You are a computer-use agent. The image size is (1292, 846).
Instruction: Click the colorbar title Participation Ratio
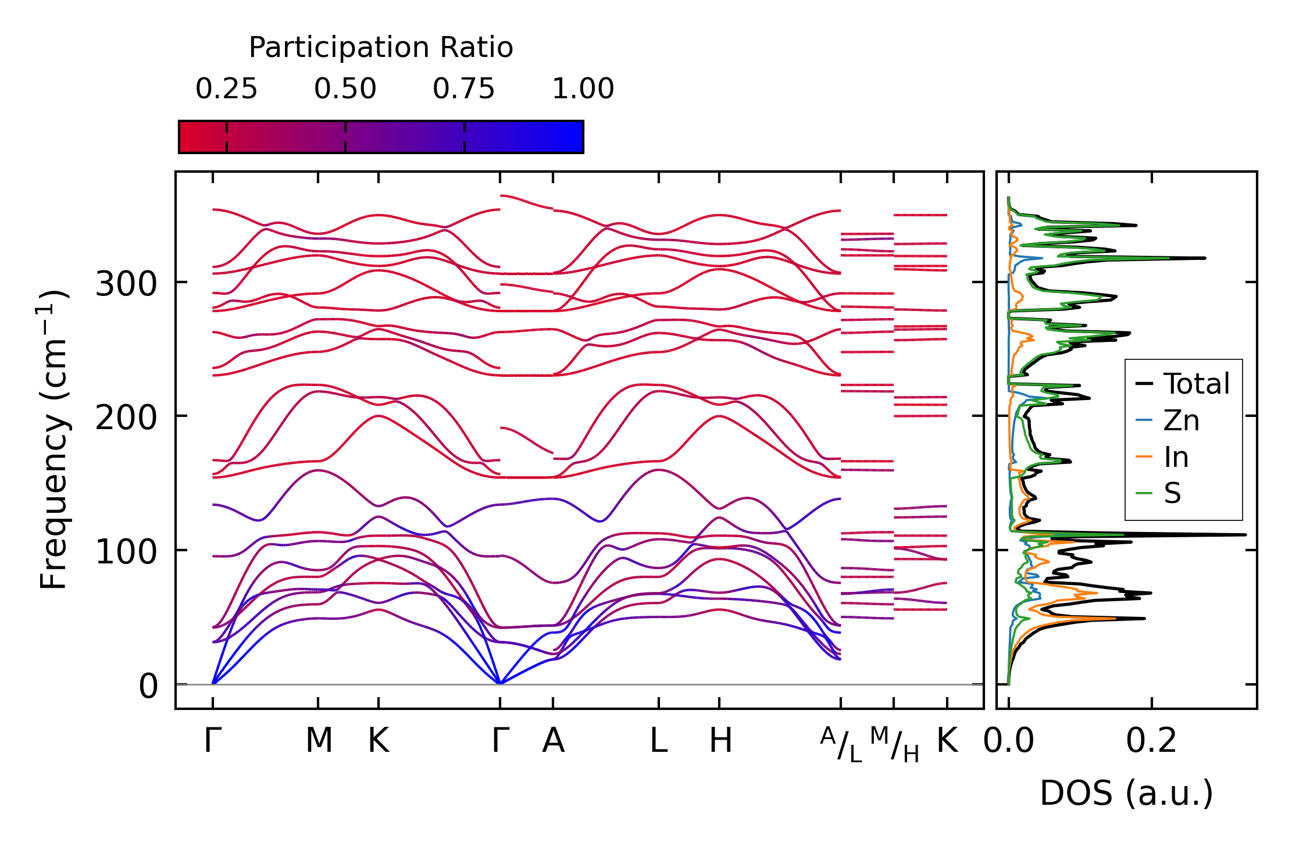coord(381,48)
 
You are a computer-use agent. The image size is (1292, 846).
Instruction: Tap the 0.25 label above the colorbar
coord(226,89)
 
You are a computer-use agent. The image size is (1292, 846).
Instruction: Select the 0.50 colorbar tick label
coord(345,89)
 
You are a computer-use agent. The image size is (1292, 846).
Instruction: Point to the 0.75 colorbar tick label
coord(464,89)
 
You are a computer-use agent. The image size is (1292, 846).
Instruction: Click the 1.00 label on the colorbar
coord(583,89)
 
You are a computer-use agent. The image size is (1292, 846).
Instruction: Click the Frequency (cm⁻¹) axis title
coord(54,440)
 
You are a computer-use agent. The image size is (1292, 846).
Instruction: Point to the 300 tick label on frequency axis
coord(126,285)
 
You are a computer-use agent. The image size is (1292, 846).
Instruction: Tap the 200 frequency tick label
coord(126,418)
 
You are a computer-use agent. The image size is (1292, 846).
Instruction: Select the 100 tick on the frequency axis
coord(126,552)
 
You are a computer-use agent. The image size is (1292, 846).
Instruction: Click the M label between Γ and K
coord(319,741)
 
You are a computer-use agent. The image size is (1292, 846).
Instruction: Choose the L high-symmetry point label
coord(658,741)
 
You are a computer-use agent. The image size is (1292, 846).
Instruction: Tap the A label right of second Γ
coord(553,741)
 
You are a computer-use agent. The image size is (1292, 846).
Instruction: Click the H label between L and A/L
coord(720,741)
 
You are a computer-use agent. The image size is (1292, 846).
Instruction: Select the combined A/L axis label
coord(841,744)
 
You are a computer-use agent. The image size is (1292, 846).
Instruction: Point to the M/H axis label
coord(894,744)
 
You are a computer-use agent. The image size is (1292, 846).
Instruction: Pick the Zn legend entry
coord(1181,420)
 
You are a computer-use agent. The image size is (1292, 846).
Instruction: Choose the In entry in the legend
coord(1176,457)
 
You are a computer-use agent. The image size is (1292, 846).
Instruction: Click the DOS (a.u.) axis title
coord(1126,794)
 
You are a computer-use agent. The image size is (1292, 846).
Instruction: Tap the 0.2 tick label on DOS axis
coord(1151,741)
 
